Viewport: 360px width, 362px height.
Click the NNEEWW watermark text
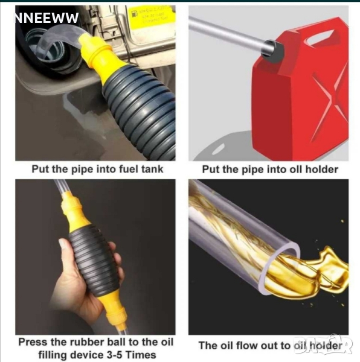tap(47, 18)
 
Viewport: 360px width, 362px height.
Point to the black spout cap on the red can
tap(273, 51)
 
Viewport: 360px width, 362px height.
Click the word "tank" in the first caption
tap(152, 169)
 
